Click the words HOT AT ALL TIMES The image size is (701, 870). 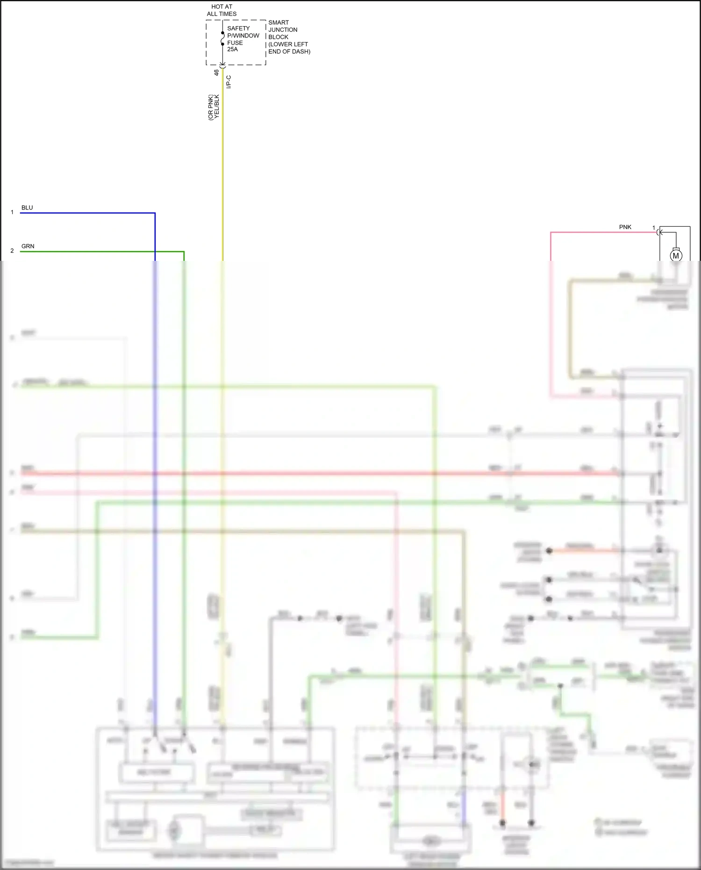click(222, 10)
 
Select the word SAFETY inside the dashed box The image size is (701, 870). click(238, 29)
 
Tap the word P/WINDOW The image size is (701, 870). click(243, 36)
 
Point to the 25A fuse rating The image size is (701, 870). click(232, 50)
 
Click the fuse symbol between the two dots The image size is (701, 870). click(223, 38)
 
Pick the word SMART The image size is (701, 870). click(279, 22)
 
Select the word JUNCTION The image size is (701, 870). click(283, 30)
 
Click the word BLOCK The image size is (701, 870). click(278, 37)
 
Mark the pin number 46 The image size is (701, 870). click(216, 73)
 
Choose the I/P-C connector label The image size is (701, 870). click(229, 82)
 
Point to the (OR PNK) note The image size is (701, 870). click(211, 108)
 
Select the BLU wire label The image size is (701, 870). click(27, 208)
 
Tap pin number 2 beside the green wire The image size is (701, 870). click(12, 251)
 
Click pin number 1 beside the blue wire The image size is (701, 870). click(12, 212)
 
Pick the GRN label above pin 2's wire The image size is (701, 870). click(28, 246)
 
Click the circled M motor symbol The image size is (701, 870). click(676, 256)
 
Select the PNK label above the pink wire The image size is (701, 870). click(625, 227)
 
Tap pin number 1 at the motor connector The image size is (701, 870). click(654, 228)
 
